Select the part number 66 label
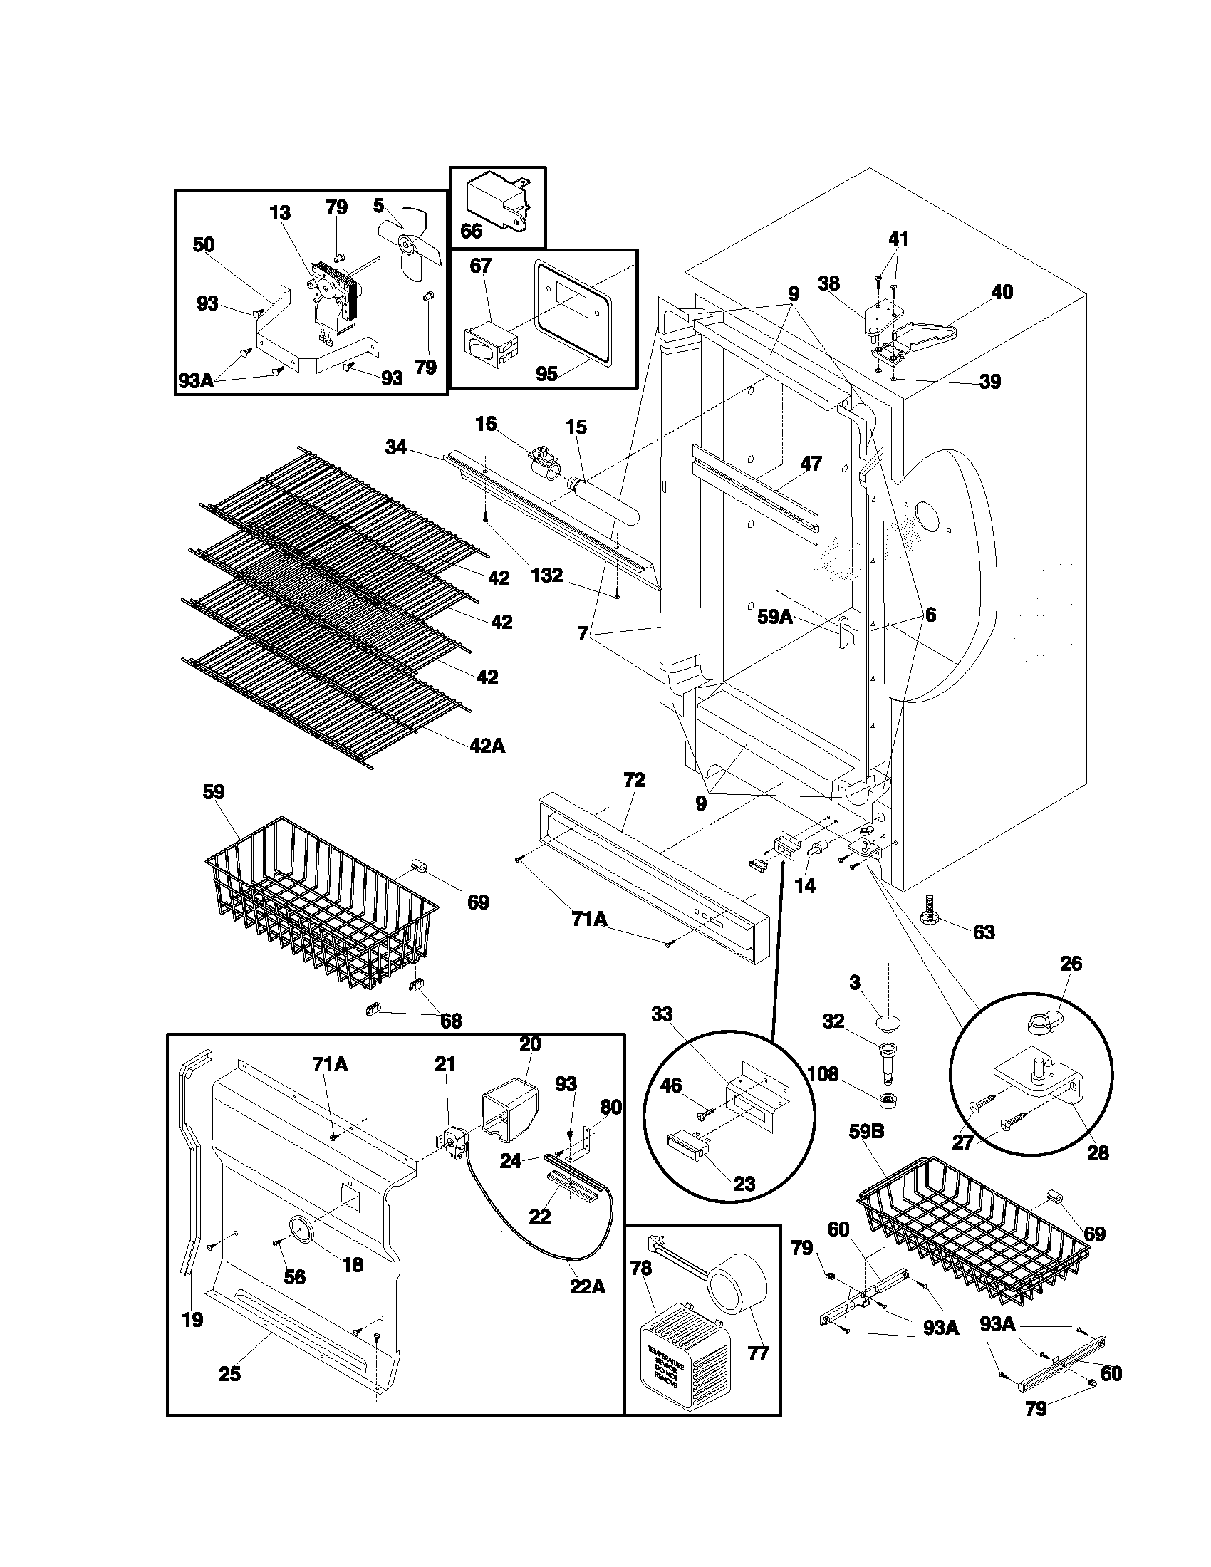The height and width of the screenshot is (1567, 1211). pos(472,230)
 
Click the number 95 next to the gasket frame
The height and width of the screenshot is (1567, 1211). pos(546,374)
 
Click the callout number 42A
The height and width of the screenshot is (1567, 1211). pos(487,746)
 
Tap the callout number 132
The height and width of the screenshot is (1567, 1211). pos(546,576)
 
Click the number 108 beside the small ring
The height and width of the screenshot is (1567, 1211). pos(823,1074)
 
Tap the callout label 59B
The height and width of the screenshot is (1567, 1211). pos(867,1133)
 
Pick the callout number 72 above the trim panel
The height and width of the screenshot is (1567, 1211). pos(634,780)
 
